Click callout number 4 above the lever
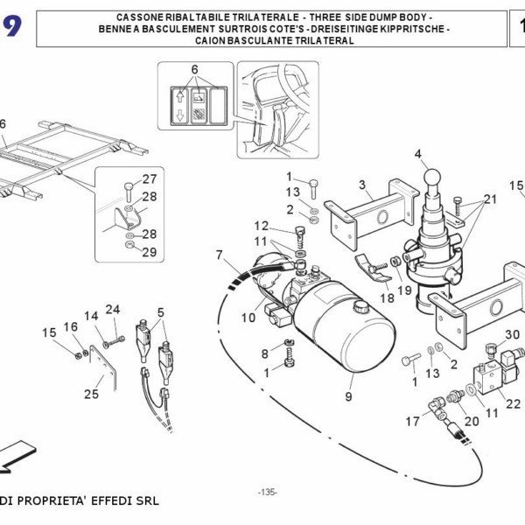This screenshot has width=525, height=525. click(x=418, y=156)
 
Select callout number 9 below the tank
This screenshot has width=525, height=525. click(x=348, y=395)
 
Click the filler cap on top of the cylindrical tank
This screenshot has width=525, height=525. click(x=360, y=307)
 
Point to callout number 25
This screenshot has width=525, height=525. click(x=91, y=395)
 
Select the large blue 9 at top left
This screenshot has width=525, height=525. click(x=13, y=28)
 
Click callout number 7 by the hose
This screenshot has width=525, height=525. click(x=220, y=255)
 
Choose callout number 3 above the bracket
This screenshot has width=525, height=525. click(x=361, y=185)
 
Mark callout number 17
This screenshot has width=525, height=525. click(x=413, y=422)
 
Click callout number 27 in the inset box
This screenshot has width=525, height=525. click(x=150, y=179)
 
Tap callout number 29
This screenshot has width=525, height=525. click(x=150, y=252)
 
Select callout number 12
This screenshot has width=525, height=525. click(x=262, y=226)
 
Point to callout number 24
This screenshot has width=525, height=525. click(x=112, y=309)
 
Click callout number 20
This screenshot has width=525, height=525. click(x=472, y=421)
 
